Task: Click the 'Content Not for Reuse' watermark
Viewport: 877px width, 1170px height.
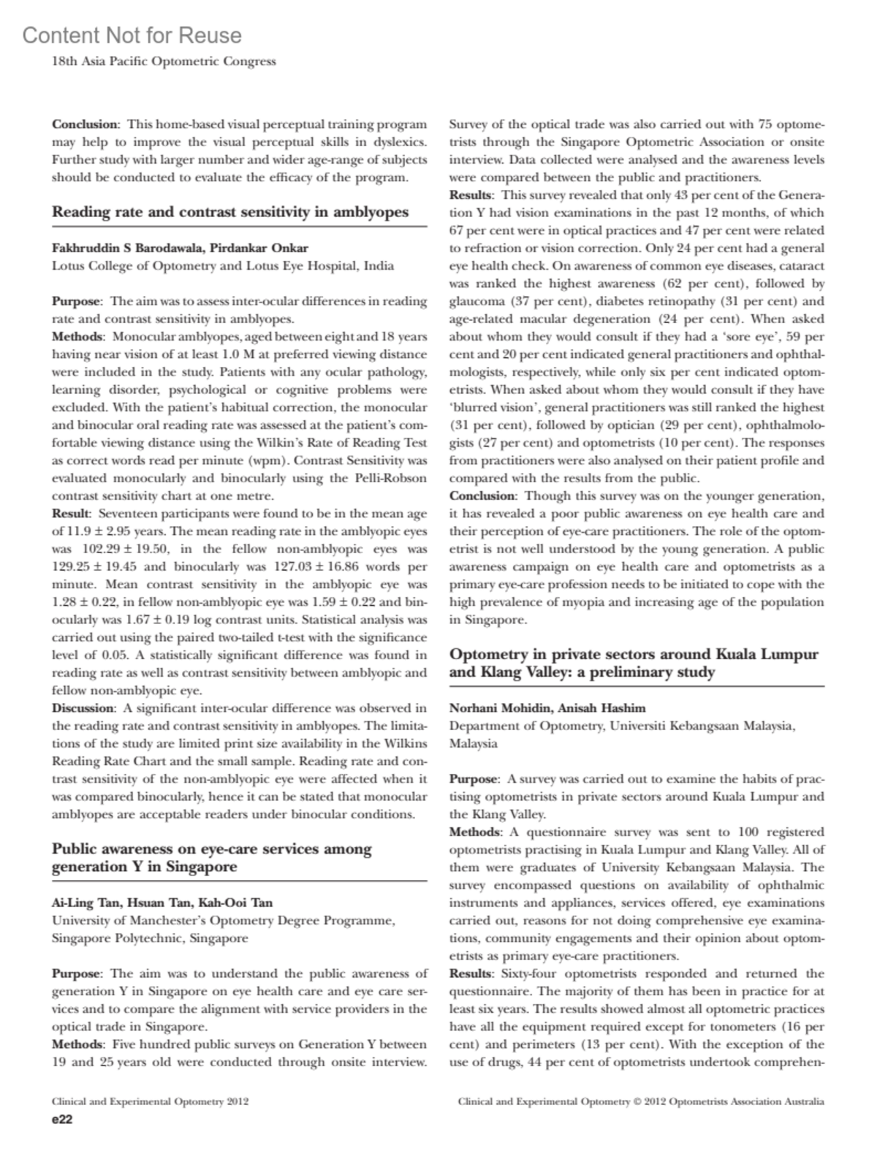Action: click(132, 35)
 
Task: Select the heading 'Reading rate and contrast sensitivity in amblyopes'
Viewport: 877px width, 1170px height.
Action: click(230, 213)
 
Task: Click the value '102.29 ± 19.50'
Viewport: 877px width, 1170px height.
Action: click(122, 549)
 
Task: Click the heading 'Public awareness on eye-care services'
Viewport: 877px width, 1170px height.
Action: click(212, 849)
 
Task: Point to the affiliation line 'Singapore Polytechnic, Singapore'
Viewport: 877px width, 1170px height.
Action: click(150, 938)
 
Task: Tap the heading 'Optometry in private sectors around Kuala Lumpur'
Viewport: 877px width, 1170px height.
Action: click(634, 654)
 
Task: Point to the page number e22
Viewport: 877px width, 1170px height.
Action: click(61, 1120)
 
